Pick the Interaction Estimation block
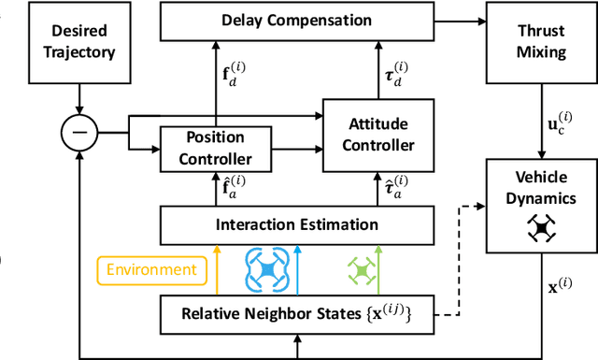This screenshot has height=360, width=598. (297, 224)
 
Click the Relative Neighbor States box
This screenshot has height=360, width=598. (297, 313)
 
